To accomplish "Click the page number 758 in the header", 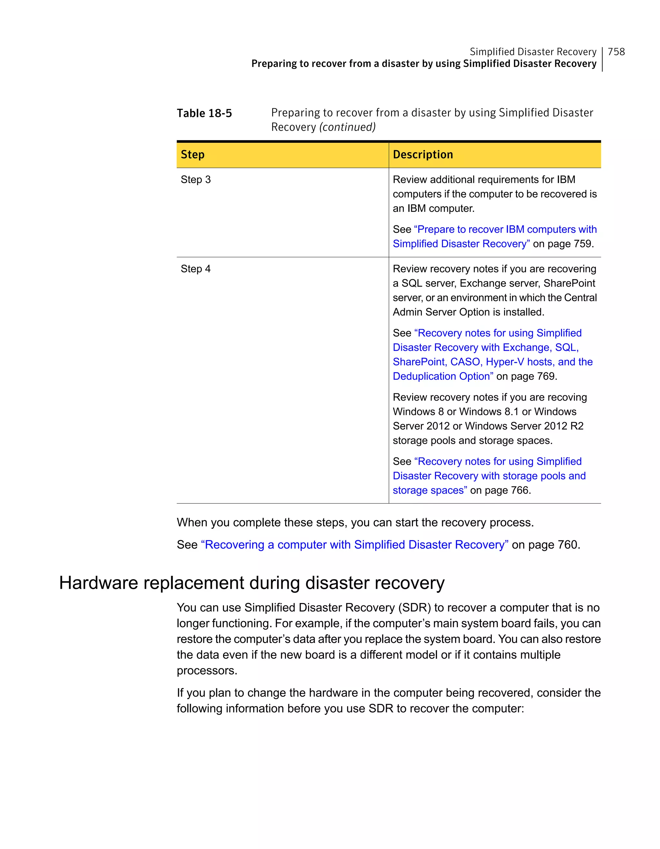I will point(616,52).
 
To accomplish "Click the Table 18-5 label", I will point(204,113).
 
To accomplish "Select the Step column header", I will point(193,155).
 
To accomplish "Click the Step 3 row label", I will point(196,180).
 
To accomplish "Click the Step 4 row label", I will point(196,269).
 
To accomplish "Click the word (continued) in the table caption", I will point(347,127).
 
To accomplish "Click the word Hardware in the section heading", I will point(99,583).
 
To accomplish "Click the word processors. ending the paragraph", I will point(207,671).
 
